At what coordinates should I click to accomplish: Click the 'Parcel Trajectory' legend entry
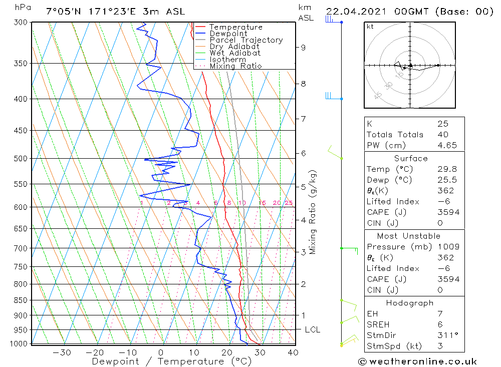[246, 40]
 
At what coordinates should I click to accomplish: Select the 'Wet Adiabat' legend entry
[234, 53]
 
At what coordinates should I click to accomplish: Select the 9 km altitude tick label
[303, 48]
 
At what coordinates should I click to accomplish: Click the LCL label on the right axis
[312, 330]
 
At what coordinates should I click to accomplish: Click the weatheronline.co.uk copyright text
[417, 361]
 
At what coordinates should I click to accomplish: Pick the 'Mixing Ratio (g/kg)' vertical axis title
[313, 212]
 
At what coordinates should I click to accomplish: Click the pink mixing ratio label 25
[289, 203]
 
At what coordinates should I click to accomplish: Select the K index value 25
[442, 124]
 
